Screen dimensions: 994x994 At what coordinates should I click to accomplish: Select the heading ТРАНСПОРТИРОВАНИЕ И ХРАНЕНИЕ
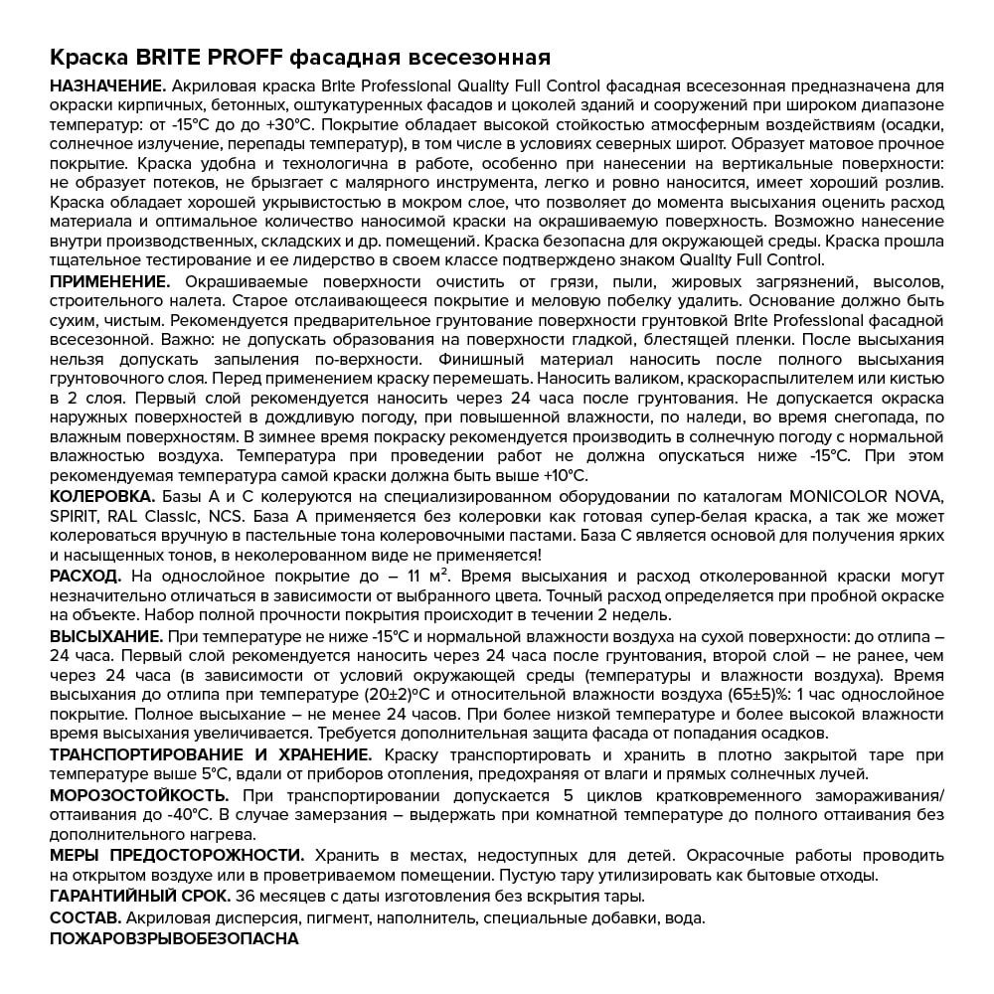pos(212,754)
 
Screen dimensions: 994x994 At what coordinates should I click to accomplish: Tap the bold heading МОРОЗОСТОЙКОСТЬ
pos(139,795)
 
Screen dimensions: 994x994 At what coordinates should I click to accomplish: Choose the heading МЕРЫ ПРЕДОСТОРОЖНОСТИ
pos(178,855)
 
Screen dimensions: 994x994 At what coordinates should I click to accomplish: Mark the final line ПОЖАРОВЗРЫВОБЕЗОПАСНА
pos(174,937)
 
